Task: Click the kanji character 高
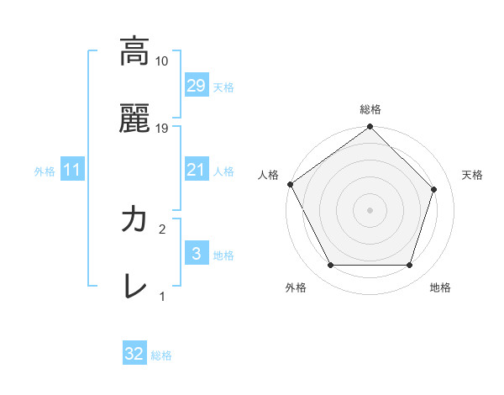[134, 52]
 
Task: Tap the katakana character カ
[134, 220]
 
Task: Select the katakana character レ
[134, 286]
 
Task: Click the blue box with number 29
[196, 86]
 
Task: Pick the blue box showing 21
[196, 170]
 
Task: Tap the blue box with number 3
[196, 254]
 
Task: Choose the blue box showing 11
[71, 171]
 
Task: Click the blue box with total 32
[134, 354]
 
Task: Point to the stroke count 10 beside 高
[162, 61]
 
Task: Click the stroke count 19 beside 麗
[162, 129]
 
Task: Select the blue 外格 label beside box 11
[45, 171]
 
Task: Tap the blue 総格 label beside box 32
[161, 355]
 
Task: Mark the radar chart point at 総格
[370, 128]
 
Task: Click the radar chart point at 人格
[291, 184]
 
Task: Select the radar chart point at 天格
[434, 189]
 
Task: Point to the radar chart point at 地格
[409, 266]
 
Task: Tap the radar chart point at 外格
[330, 266]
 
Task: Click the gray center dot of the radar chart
[370, 210]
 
